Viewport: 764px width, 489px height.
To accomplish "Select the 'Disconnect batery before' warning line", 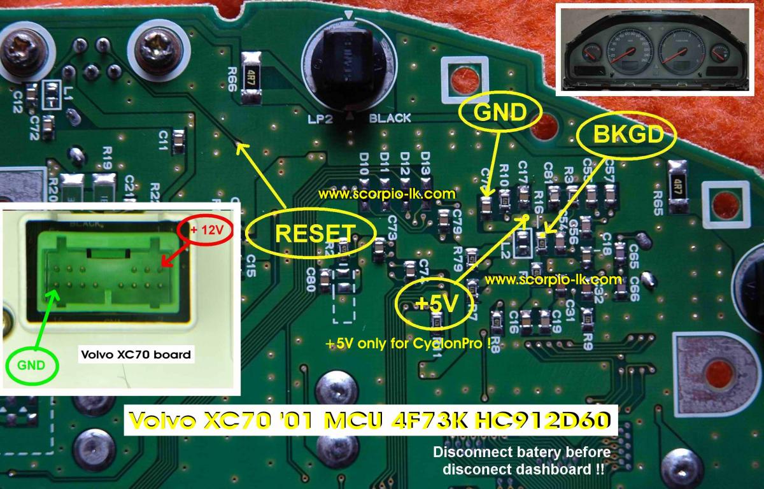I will click(x=521, y=453).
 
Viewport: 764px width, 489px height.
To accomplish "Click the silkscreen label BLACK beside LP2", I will click(x=390, y=118).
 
